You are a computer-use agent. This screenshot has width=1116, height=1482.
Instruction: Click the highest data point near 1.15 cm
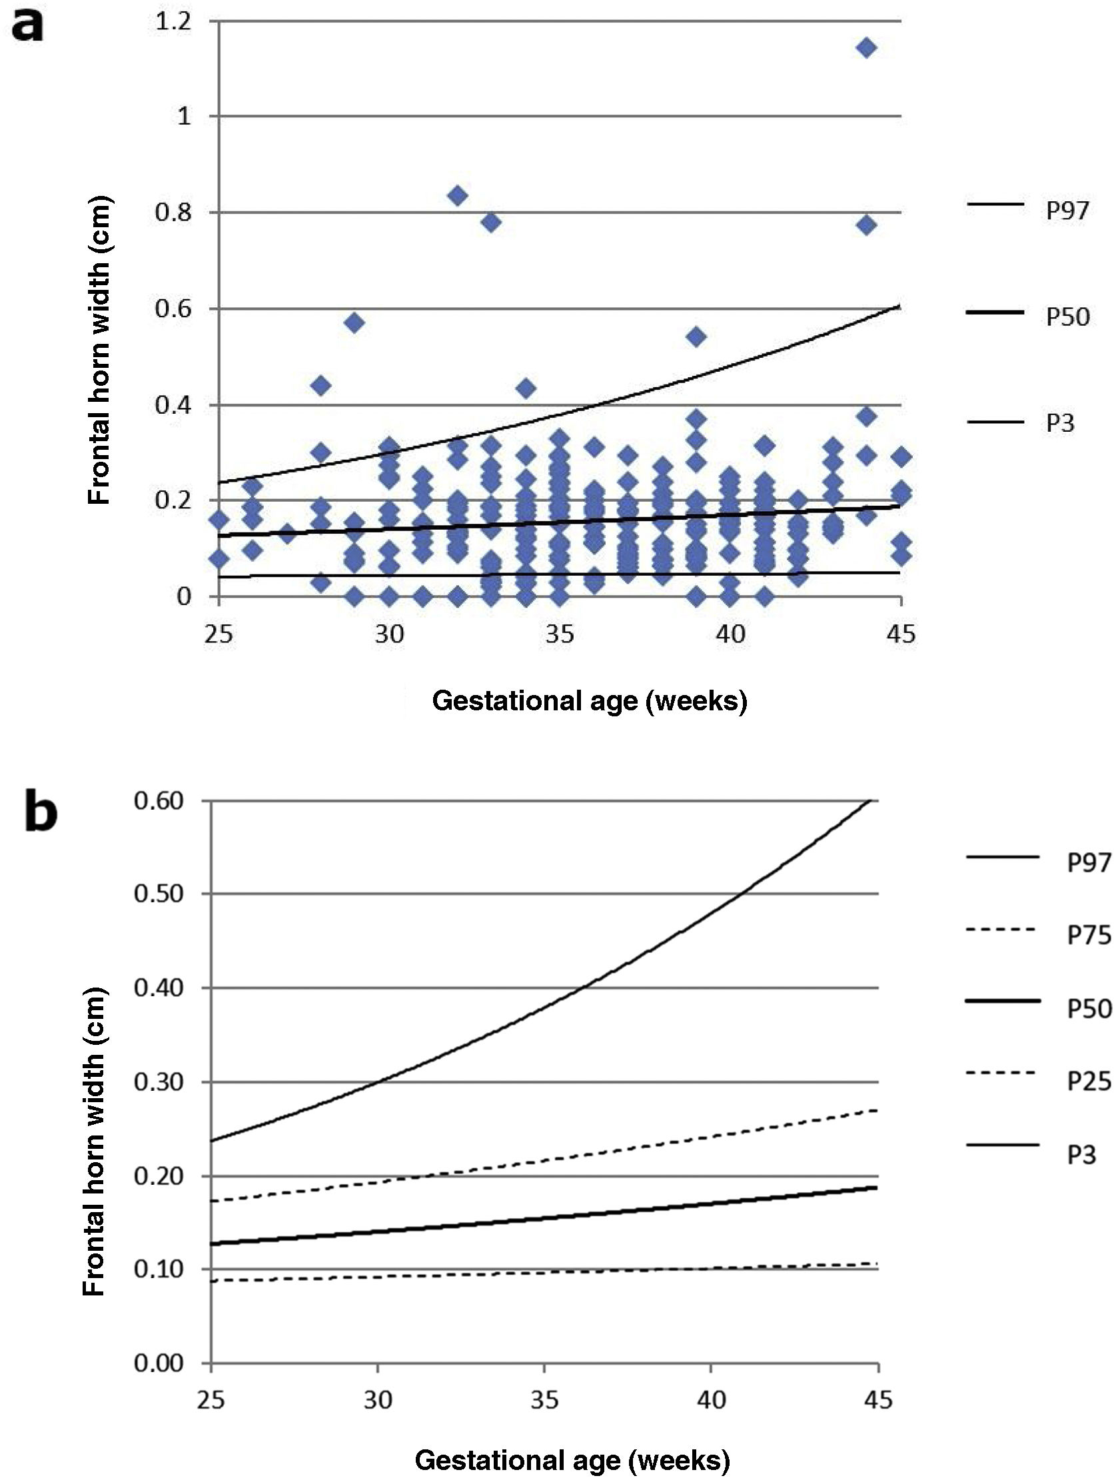(866, 47)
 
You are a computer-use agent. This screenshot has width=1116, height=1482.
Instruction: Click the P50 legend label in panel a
(1068, 317)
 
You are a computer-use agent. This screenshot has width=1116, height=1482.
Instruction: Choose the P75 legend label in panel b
(1089, 936)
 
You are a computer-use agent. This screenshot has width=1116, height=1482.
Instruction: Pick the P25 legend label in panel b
(1089, 1082)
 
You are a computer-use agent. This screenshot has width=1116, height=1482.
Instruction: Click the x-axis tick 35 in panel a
(560, 633)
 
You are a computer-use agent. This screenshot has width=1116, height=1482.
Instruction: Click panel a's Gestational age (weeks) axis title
(590, 702)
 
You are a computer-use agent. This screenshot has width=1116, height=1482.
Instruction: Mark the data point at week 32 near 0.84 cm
(458, 197)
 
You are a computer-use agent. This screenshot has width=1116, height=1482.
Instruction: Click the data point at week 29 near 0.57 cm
(355, 323)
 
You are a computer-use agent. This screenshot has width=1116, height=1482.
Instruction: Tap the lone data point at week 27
(287, 534)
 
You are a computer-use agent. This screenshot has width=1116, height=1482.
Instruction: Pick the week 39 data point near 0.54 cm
(697, 337)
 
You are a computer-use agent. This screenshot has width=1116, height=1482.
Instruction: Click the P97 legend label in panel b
(1089, 863)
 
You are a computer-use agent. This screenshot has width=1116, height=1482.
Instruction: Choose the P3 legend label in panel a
(1060, 423)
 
